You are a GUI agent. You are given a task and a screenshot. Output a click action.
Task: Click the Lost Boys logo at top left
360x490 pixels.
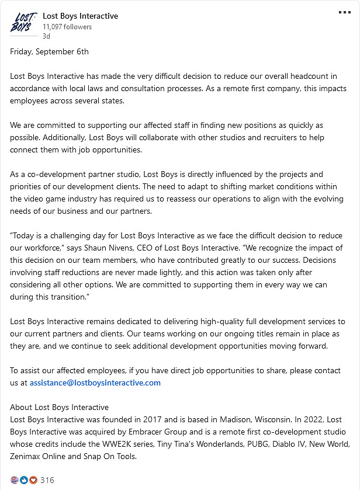pyautogui.click(x=23, y=22)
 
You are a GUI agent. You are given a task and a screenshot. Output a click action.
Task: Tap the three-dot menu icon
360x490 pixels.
pyautogui.click(x=345, y=13)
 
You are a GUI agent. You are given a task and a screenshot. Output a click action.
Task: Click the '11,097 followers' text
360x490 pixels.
pyautogui.click(x=67, y=27)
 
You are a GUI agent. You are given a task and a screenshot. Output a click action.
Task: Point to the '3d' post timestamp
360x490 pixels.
pyautogui.click(x=46, y=36)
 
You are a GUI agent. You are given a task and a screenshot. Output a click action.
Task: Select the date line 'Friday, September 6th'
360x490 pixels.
pyautogui.click(x=50, y=51)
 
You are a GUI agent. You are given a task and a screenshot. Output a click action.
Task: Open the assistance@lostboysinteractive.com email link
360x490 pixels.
pyautogui.click(x=95, y=383)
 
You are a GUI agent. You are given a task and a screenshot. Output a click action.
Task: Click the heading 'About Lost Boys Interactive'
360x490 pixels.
pyautogui.click(x=60, y=407)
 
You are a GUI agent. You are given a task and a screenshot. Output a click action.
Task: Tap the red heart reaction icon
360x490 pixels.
pyautogui.click(x=33, y=480)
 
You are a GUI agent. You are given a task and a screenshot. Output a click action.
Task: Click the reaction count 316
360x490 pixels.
pyautogui.click(x=47, y=480)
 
